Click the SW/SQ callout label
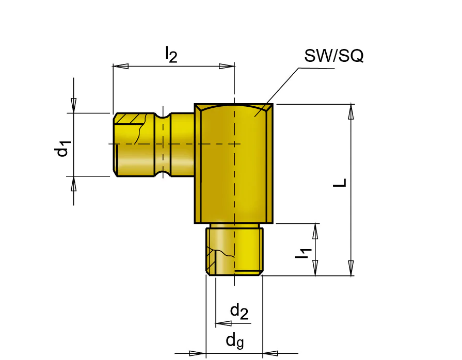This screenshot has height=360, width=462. pyautogui.click(x=334, y=56)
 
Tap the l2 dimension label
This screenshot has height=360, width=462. pyautogui.click(x=171, y=54)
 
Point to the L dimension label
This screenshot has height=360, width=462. pyautogui.click(x=340, y=183)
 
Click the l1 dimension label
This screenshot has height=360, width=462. pyautogui.click(x=304, y=254)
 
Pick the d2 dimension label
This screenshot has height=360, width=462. pyautogui.click(x=239, y=312)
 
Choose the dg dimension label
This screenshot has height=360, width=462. pyautogui.click(x=235, y=341)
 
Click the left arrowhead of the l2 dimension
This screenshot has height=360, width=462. pyautogui.click(x=121, y=66)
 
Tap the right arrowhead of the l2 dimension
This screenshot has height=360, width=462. pyautogui.click(x=227, y=66)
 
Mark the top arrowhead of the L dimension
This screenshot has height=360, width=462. pyautogui.click(x=351, y=111)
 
